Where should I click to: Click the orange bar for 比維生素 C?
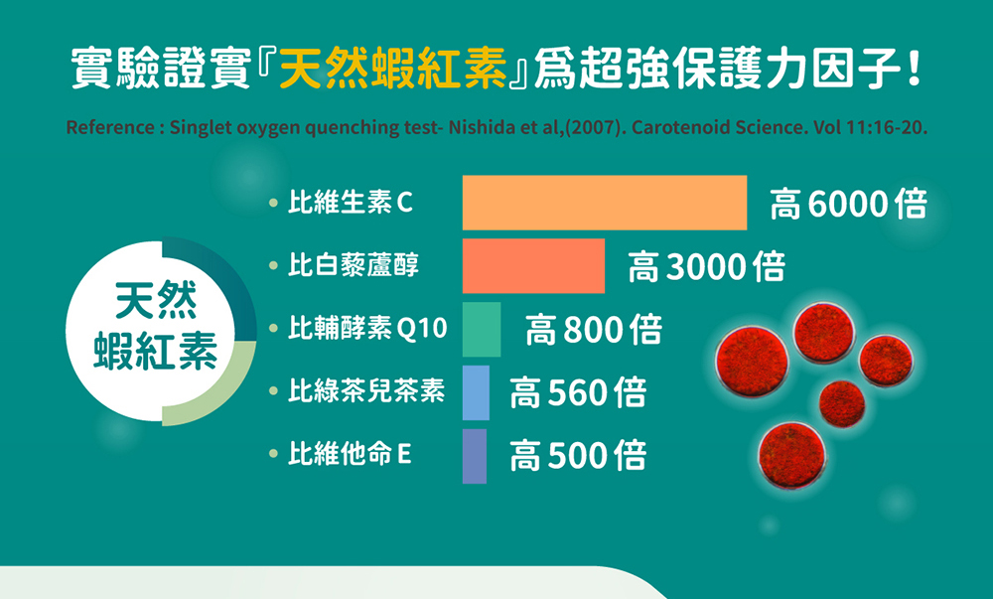pyautogui.click(x=605, y=203)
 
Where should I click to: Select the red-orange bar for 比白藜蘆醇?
pyautogui.click(x=534, y=266)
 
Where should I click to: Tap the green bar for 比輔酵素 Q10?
pyautogui.click(x=482, y=329)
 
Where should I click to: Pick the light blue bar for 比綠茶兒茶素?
pyautogui.click(x=476, y=392)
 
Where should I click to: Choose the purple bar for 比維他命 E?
pyautogui.click(x=475, y=456)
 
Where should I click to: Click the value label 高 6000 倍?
pyautogui.click(x=849, y=204)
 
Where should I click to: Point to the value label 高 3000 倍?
pyautogui.click(x=707, y=266)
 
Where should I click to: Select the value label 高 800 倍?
pyautogui.click(x=594, y=330)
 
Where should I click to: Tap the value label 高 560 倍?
pyautogui.click(x=578, y=392)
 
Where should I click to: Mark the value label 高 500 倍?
pyautogui.click(x=578, y=456)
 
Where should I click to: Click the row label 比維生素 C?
pyautogui.click(x=351, y=203)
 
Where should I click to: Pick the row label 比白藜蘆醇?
pyautogui.click(x=354, y=264)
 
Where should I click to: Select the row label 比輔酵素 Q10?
pyautogui.click(x=368, y=328)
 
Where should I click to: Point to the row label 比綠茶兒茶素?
pyautogui.click(x=366, y=390)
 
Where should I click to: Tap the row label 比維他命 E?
pyautogui.click(x=350, y=454)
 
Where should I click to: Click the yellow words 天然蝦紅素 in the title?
pyautogui.click(x=393, y=68)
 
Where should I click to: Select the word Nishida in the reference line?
pyautogui.click(x=481, y=127)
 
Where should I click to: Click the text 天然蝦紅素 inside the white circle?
pyautogui.click(x=156, y=326)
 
